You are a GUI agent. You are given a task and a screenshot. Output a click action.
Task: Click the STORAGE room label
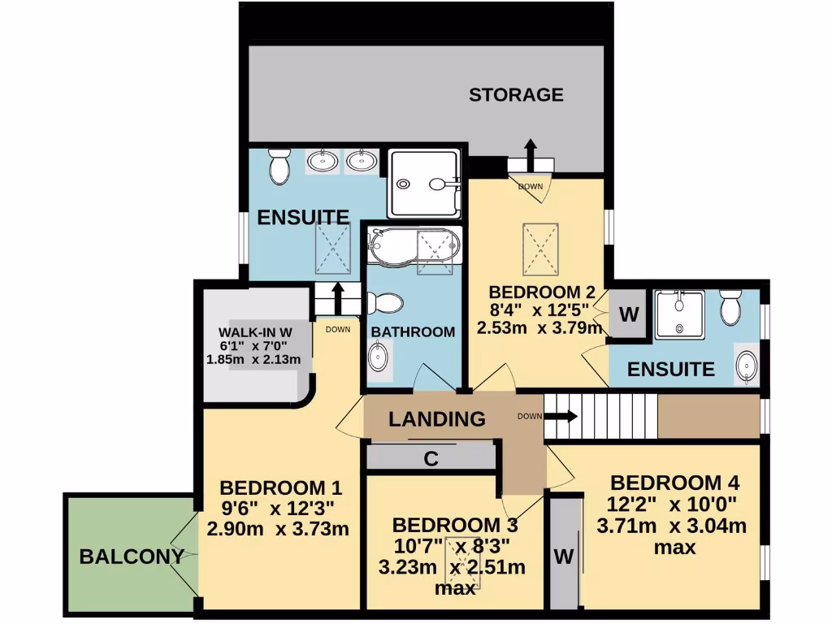[x=516, y=94]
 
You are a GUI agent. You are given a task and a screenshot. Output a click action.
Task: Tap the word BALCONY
[x=130, y=557]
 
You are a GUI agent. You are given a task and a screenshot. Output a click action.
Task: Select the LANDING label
[x=436, y=419]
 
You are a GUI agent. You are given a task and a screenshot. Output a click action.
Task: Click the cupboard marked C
[x=431, y=458]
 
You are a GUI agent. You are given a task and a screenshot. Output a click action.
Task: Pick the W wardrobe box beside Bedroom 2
[x=628, y=314]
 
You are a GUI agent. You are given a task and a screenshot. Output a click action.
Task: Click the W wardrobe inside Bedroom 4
[x=562, y=557]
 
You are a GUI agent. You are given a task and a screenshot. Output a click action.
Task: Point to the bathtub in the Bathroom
[x=414, y=246]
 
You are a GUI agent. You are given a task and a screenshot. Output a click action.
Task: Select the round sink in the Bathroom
[x=379, y=356]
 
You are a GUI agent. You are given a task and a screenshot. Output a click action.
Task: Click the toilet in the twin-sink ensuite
[x=279, y=167]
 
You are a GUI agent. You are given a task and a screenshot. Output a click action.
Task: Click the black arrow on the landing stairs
[x=561, y=417]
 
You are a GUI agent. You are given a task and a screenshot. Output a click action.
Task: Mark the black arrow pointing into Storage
[x=530, y=152]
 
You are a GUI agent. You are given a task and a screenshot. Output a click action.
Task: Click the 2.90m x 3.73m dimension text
[x=278, y=529]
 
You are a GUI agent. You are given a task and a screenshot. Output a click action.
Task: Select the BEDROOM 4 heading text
[x=674, y=481]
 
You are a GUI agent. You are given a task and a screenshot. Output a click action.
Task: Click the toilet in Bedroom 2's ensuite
[x=730, y=307]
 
